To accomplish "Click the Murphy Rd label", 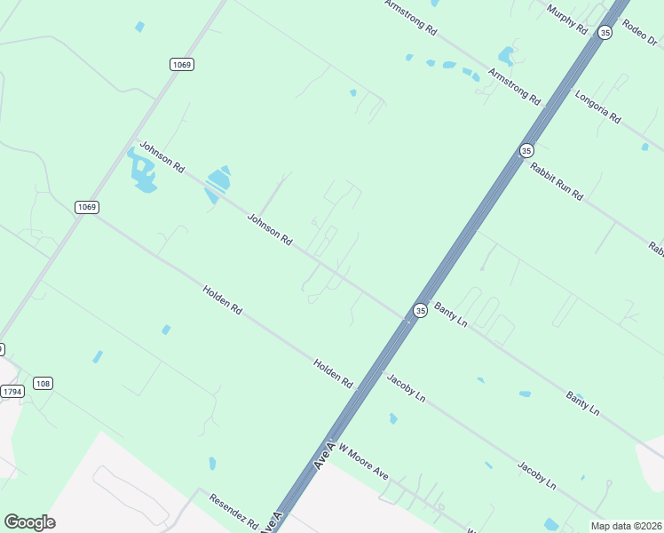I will coord(567,19).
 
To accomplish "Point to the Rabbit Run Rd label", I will coord(557,181).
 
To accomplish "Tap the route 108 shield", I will coord(43,383).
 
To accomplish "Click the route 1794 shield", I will coord(12,391).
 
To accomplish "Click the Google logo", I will coord(29,522).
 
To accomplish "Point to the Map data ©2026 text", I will coord(627,526).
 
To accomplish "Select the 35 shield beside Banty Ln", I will coord(420,310).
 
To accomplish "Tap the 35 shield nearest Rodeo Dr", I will coord(605,32).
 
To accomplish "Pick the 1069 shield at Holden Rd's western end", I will coord(86,207).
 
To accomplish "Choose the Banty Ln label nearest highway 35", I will coord(451,314).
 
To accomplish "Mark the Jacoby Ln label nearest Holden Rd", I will coord(406,388).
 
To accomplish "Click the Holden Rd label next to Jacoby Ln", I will coord(333,373).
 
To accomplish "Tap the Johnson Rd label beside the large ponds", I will coord(162,157).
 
